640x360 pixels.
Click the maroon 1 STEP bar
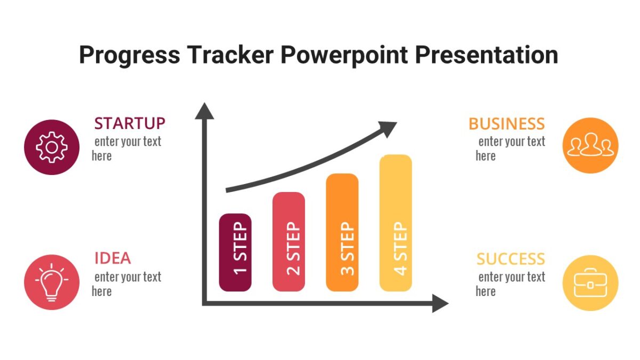pos(235,252)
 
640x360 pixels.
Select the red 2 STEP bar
pos(289,242)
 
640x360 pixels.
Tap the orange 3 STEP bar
pos(342,233)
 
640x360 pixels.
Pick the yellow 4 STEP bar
pos(395,223)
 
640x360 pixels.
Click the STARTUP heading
pos(130,124)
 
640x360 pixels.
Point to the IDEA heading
pos(113,259)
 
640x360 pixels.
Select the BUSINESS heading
pos(507,124)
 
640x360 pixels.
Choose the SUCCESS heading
pos(510,259)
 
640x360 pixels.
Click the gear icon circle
pos(52,147)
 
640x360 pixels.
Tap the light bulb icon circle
pos(52,282)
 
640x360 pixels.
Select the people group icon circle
pos(590,146)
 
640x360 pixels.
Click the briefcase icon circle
pos(590,283)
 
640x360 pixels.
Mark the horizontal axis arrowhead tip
pos(447,303)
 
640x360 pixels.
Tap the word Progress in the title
pos(122,55)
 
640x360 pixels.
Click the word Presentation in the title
pos(486,55)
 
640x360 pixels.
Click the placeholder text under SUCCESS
pos(510,284)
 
